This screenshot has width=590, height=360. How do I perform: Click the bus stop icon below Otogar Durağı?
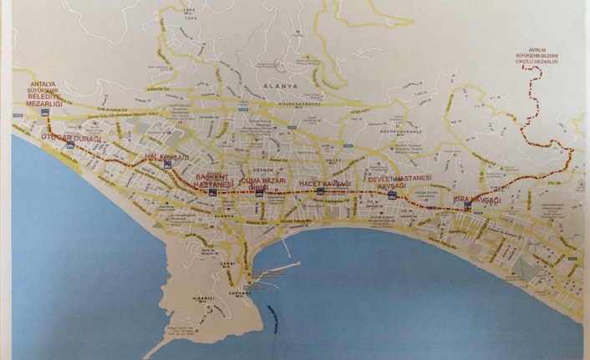coord(70,145)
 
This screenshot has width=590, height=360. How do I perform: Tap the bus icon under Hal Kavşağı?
coord(169,165)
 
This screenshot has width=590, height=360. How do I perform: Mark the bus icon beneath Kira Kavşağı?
coord(467,205)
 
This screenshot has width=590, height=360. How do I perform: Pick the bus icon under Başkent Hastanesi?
coord(214,193)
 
